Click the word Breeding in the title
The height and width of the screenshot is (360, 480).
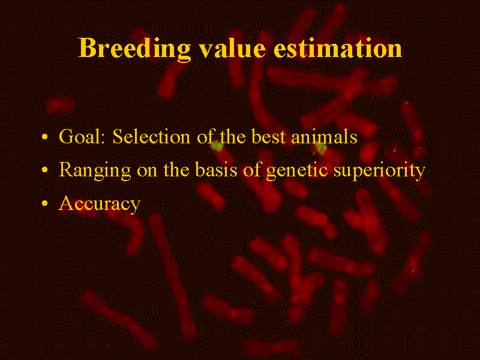(134, 49)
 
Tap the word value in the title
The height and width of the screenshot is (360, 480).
(232, 48)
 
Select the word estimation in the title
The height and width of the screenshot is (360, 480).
(338, 49)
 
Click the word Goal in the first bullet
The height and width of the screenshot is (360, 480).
(79, 136)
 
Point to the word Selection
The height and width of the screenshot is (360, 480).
(151, 136)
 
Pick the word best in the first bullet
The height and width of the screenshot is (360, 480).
(268, 136)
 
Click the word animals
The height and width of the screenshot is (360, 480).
(324, 136)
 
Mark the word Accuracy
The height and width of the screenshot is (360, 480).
(100, 204)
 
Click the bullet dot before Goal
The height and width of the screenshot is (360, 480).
(44, 137)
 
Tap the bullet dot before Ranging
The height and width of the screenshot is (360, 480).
(44, 170)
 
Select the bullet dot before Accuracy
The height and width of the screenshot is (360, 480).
(44, 203)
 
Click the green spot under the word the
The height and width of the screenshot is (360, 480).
(217, 146)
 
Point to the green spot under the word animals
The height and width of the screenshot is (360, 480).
(321, 148)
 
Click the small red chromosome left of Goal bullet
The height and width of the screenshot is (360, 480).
(61, 104)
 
